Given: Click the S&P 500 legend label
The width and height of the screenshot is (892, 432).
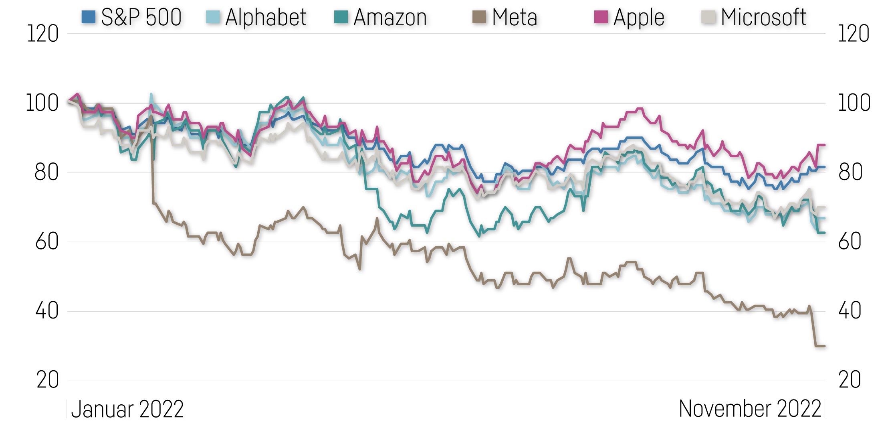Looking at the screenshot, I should point(141,17).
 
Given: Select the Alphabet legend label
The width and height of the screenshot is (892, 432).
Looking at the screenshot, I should point(266,17).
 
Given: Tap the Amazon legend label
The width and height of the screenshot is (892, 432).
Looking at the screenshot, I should point(390,17).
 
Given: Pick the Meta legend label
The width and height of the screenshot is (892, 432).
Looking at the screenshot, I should point(515,17).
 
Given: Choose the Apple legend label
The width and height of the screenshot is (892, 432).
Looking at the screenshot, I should point(639,17).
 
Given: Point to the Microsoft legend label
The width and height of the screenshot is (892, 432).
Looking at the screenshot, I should point(763,17).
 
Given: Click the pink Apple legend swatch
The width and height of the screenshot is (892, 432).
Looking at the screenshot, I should point(601,17).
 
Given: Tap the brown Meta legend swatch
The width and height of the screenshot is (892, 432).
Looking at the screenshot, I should point(479,17).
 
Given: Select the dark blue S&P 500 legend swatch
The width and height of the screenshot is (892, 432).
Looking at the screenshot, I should point(88,17).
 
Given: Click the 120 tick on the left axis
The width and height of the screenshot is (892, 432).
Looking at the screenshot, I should point(42,34).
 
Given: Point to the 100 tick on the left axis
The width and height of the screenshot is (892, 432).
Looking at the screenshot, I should point(42,103).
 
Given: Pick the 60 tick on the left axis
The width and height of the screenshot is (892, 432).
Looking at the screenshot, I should point(47,242).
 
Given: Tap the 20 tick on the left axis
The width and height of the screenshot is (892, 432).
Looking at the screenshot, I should point(47,380).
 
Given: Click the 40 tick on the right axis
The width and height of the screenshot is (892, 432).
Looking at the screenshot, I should point(850,311).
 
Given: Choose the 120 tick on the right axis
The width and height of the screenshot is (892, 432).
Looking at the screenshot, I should point(854,34).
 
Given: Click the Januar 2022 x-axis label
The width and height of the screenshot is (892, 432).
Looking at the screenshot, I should point(127,410).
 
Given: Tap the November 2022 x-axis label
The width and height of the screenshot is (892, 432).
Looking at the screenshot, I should point(750,409).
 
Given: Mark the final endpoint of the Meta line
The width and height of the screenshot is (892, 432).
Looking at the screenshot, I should point(824,346).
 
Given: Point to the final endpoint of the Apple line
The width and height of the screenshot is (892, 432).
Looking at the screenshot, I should point(824,145).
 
